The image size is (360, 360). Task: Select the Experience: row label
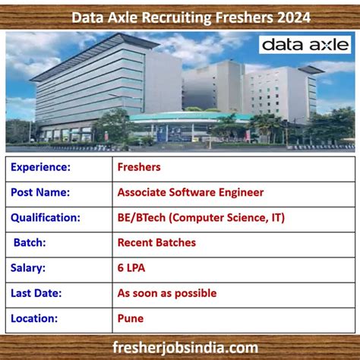click(41, 167)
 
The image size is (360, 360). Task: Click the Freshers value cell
click(139, 167)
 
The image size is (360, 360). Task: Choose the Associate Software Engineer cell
click(191, 192)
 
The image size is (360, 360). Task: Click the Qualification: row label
click(46, 217)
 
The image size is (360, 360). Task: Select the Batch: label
click(30, 242)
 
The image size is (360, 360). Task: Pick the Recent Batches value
click(156, 242)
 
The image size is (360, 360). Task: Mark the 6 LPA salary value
click(133, 267)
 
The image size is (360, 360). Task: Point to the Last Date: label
click(36, 292)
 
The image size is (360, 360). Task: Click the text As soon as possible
click(167, 292)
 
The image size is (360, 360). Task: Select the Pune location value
click(131, 318)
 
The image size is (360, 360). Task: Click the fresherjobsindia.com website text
click(180, 347)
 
